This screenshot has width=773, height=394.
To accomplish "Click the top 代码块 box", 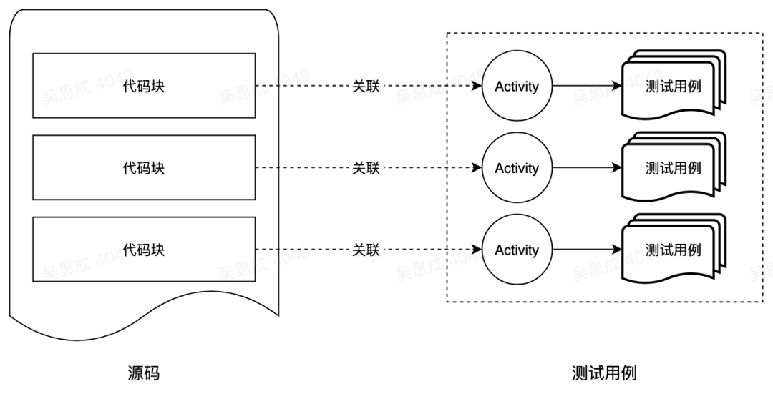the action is pos(144,86).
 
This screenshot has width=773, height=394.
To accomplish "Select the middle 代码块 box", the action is pos(144,167).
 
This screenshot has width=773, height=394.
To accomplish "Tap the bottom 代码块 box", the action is pos(144,250).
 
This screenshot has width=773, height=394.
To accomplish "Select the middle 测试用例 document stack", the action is pos(674,167).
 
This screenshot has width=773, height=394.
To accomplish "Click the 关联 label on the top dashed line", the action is pos(366,87).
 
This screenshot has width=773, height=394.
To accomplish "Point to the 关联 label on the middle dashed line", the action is pos(366,168).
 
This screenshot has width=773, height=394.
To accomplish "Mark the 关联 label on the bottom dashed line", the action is pos(366,250).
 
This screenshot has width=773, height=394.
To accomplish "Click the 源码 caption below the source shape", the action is pos(143,373).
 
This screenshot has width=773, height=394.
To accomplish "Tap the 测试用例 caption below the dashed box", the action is pos(604,373).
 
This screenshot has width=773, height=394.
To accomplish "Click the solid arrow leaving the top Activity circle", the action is pos(587,86).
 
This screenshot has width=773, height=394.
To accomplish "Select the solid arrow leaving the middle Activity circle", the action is pos(587,167).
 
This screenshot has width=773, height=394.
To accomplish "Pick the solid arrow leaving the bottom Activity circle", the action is pos(587,250).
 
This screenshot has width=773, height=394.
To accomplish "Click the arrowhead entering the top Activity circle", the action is pos(476,86).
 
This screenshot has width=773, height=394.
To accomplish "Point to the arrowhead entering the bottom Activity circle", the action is pos(476,250).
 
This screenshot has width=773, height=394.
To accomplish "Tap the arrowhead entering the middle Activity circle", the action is pos(476,167).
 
